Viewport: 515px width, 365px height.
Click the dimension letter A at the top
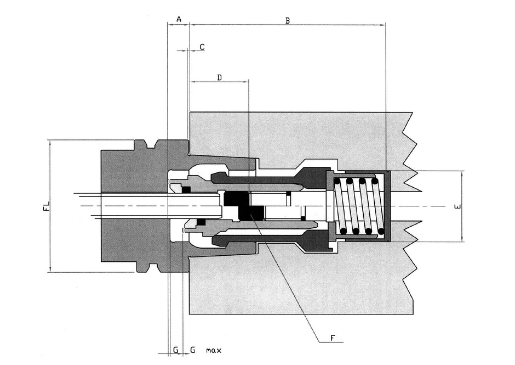[x=178, y=19]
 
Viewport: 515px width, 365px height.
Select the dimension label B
[x=287, y=20]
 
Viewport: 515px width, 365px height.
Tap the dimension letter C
[x=202, y=47]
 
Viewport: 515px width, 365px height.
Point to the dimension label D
[x=219, y=77]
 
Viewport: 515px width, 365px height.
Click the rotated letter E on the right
[x=458, y=206]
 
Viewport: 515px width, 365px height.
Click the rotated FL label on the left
[x=47, y=206]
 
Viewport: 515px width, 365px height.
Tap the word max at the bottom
[x=214, y=350]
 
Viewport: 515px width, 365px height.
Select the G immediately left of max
[x=192, y=350]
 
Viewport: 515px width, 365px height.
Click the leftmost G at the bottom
[x=175, y=350]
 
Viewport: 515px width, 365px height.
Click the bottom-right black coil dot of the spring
[x=381, y=231]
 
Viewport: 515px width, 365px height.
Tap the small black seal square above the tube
[x=186, y=190]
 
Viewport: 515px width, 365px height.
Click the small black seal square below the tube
[x=201, y=222]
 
